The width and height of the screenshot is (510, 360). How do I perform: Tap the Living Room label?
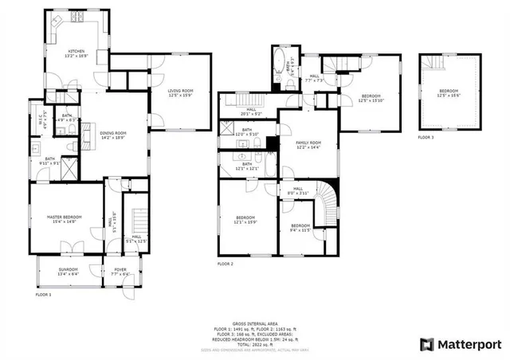pyautogui.click(x=181, y=93)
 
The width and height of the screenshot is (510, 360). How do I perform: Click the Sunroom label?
pyautogui.click(x=68, y=271)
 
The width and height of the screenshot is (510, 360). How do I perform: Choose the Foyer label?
pyautogui.click(x=120, y=272)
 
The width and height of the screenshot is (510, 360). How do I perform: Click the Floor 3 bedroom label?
pyautogui.click(x=450, y=93)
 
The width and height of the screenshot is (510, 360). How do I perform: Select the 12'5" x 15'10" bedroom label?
pyautogui.click(x=371, y=98)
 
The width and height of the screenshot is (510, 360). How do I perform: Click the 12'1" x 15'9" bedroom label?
pyautogui.click(x=245, y=220)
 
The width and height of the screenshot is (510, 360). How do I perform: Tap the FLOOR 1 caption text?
pyautogui.click(x=43, y=295)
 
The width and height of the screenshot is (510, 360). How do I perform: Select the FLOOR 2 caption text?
pyautogui.click(x=226, y=264)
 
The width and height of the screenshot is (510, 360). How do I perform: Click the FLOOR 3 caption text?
pyautogui.click(x=426, y=138)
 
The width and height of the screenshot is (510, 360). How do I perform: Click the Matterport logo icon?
pyautogui.click(x=426, y=344)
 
